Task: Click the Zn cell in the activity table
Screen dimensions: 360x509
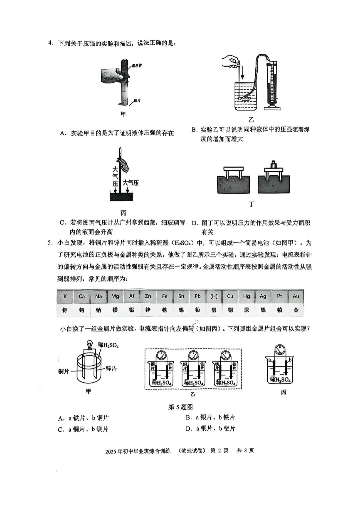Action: point(148,296)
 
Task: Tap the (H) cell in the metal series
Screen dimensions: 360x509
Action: point(214,296)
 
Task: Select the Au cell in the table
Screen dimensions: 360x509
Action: point(296,296)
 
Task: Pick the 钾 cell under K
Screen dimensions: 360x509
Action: point(65,310)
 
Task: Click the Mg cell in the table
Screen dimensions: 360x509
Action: point(115,296)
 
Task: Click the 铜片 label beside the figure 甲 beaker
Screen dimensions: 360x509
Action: point(64,371)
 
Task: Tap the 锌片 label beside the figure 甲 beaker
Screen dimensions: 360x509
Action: point(111,368)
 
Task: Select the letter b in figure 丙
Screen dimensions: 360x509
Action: point(290,360)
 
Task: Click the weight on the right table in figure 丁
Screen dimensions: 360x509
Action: point(274,165)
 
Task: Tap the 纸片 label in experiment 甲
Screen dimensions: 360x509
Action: point(137,100)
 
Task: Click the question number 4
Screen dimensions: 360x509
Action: point(50,43)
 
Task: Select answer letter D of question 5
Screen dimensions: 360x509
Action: point(188,429)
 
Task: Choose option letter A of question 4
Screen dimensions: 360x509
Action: point(62,133)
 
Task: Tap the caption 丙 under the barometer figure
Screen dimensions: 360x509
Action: point(123,213)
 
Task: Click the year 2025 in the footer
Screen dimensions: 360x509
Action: point(111,451)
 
